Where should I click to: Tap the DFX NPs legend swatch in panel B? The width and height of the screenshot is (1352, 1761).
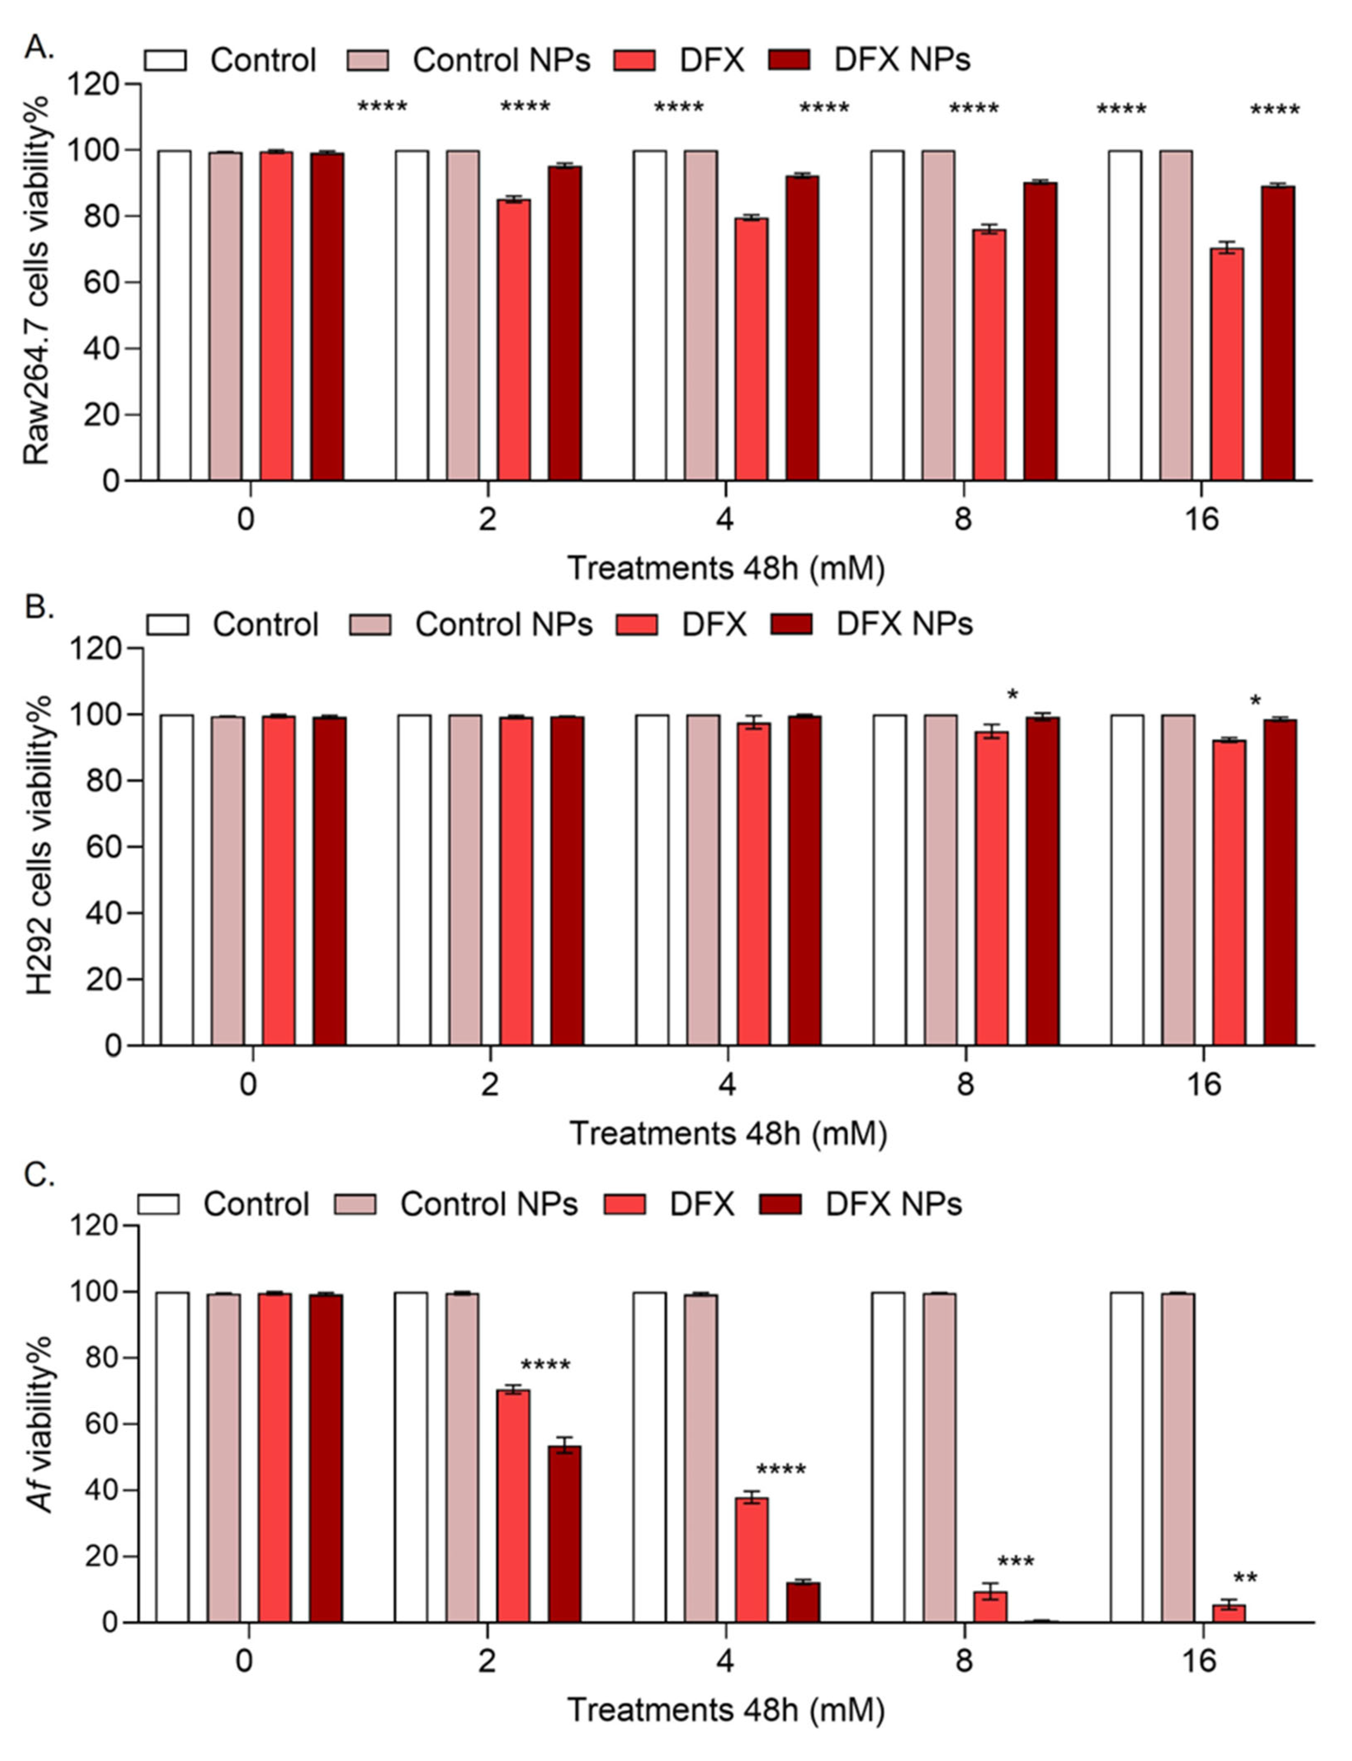pyautogui.click(x=791, y=624)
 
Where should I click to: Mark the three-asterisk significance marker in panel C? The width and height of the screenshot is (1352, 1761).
pyautogui.click(x=1016, y=1563)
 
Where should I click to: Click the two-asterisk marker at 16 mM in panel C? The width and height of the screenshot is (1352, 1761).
pyautogui.click(x=1245, y=1579)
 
